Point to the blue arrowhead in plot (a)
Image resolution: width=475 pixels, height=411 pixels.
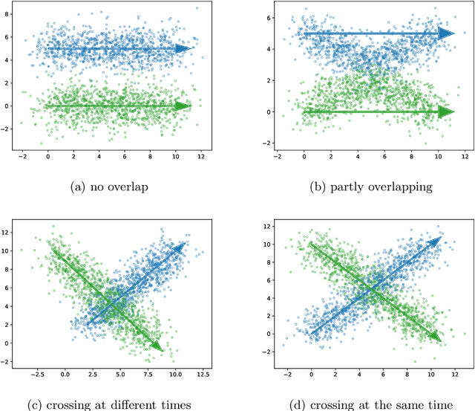[x=183, y=48]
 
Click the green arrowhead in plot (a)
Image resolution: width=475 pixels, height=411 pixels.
[x=183, y=106]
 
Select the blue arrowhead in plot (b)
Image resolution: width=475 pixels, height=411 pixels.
[x=445, y=33]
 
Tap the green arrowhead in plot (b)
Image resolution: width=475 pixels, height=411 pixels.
[x=445, y=112]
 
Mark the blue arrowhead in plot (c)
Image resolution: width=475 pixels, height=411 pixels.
[x=180, y=247]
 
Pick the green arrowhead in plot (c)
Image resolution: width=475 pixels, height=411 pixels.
[x=157, y=346]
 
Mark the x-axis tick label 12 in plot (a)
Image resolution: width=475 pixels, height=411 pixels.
[x=200, y=157]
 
